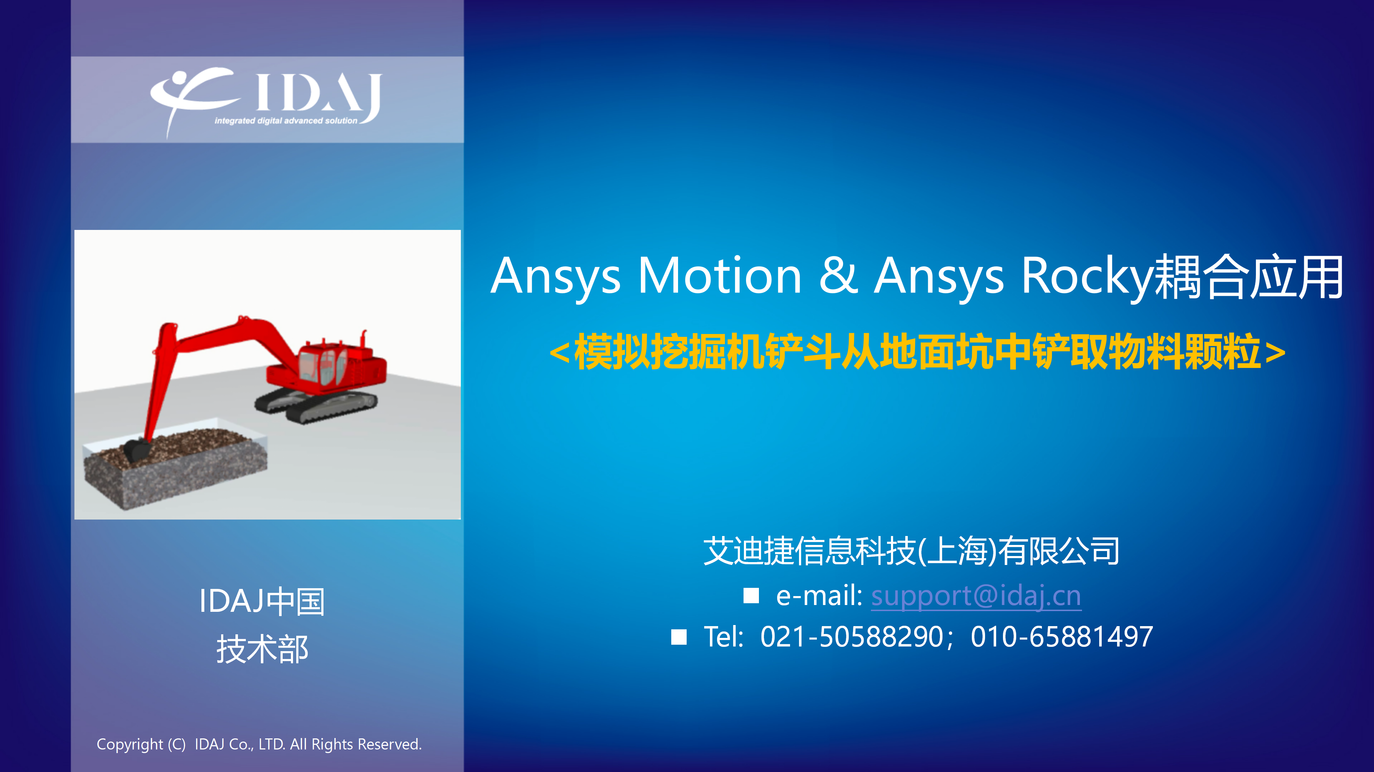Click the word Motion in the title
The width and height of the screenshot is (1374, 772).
point(720,276)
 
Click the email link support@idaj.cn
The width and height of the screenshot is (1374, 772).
point(976,595)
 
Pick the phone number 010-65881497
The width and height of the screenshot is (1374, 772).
point(1061,636)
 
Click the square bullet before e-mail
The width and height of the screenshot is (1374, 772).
point(751,595)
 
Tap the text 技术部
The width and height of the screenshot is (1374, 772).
point(262,649)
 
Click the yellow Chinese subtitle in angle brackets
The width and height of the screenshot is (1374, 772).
point(917,351)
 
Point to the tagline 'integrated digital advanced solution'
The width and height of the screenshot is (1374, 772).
point(286,121)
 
